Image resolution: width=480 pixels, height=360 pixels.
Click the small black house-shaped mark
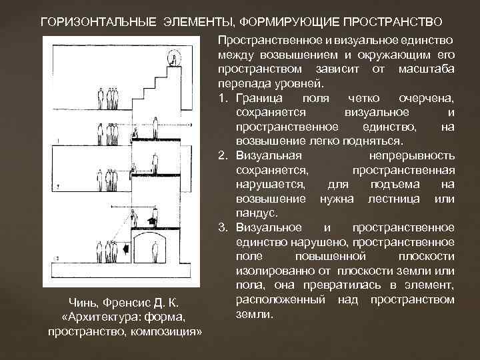(153, 219)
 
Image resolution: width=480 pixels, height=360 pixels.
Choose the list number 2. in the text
(223, 156)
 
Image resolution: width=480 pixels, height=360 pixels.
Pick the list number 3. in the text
(223, 227)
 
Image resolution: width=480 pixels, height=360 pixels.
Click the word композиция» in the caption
(166, 331)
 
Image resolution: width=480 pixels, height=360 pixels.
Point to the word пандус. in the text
(253, 213)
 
